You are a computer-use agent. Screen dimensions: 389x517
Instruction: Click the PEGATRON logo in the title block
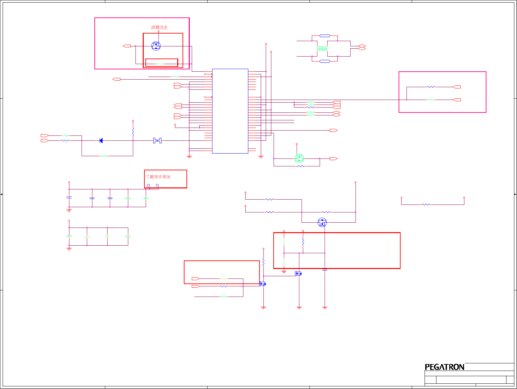pyautogui.click(x=444, y=367)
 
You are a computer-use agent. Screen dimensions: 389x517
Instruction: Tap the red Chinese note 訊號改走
pyautogui.click(x=160, y=27)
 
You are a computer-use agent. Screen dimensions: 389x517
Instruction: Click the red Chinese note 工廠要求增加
pyautogui.click(x=158, y=177)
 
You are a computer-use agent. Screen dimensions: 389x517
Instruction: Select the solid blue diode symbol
pyautogui.click(x=101, y=141)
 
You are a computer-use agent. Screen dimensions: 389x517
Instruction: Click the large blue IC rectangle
pyautogui.click(x=230, y=111)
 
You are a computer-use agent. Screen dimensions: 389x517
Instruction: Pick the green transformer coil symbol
pyautogui.click(x=322, y=49)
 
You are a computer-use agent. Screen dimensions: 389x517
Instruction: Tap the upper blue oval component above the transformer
pyautogui.click(x=325, y=36)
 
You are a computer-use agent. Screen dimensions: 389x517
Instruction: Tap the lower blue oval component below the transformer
pyautogui.click(x=325, y=61)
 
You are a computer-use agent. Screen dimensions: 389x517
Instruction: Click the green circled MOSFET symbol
pyautogui.click(x=299, y=158)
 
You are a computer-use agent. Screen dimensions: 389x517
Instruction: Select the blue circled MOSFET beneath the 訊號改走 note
pyautogui.click(x=156, y=46)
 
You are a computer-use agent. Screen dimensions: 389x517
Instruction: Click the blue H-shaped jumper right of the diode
pyautogui.click(x=157, y=141)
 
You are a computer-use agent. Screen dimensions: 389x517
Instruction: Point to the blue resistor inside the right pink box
pyautogui.click(x=431, y=87)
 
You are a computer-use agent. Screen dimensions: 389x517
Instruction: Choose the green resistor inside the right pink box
pyautogui.click(x=431, y=99)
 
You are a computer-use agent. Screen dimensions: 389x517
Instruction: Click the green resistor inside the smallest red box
pyautogui.click(x=160, y=64)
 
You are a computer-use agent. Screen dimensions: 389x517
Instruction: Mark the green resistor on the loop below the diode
pyautogui.click(x=104, y=156)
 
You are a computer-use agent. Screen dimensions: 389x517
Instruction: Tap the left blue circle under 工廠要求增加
pyautogui.click(x=148, y=185)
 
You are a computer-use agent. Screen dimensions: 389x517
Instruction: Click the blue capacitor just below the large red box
pyautogui.click(x=325, y=270)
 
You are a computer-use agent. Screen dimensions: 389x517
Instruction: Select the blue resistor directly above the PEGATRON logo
pyautogui.click(x=426, y=205)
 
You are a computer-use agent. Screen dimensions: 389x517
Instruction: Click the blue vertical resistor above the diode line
pyautogui.click(x=133, y=132)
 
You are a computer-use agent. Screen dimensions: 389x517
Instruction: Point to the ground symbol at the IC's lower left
pyautogui.click(x=189, y=157)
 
